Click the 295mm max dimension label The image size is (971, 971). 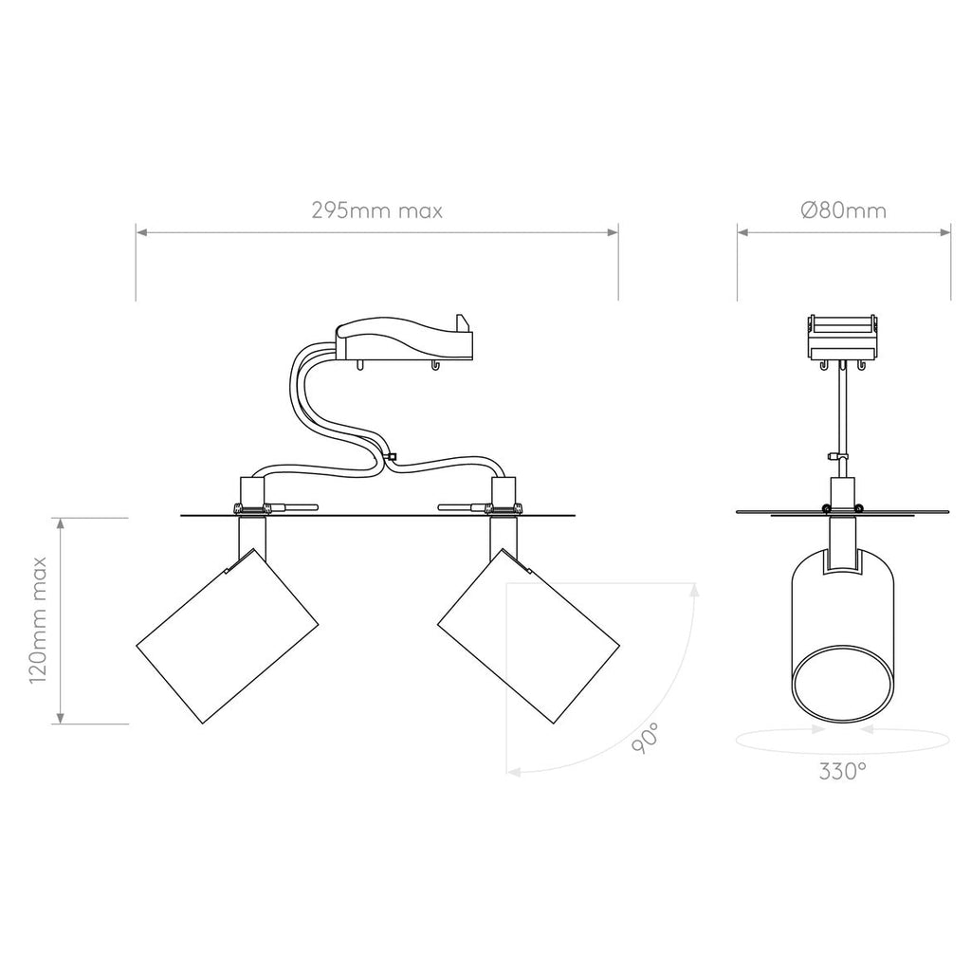[376, 211]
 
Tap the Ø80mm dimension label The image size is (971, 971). [843, 211]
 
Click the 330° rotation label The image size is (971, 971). [843, 771]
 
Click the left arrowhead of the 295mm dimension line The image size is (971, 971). [138, 229]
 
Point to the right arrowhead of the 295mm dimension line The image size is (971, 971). [615, 229]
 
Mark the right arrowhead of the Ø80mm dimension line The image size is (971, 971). [947, 229]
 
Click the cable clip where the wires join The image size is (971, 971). [391, 459]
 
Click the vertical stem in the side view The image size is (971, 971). [842, 417]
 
